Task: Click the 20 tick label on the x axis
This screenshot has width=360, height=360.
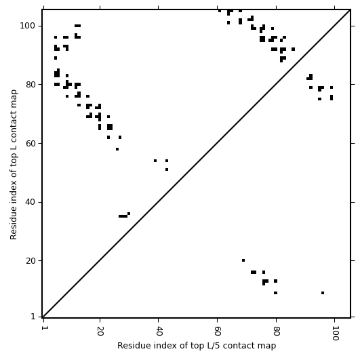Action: [x=100, y=331]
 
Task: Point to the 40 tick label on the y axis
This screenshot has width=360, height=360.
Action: [x=31, y=202]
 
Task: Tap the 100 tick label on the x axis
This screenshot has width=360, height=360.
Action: [x=335, y=333]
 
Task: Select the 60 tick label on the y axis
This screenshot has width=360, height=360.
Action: [x=31, y=144]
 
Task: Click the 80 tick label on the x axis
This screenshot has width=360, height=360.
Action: [x=276, y=331]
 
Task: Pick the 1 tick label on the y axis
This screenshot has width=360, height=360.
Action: [x=33, y=317]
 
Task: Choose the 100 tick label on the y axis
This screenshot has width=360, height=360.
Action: [x=28, y=26]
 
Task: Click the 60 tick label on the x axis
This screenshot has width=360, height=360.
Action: [x=217, y=331]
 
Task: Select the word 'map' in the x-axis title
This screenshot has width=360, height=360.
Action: [x=268, y=346]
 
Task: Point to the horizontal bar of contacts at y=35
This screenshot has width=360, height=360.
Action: [x=123, y=216]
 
